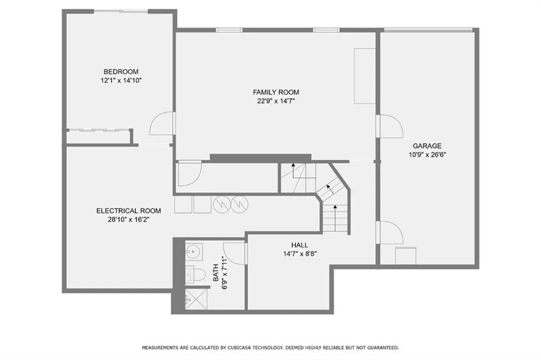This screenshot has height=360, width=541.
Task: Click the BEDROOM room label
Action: point(121,72)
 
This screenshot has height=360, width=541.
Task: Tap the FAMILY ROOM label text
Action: point(276,92)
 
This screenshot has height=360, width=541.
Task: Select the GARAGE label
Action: point(427,146)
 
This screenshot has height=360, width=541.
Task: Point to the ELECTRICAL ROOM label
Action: point(128,211)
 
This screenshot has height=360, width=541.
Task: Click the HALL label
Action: point(300,245)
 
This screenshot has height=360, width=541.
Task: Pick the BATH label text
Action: point(216,272)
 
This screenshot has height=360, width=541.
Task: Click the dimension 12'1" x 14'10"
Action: point(121,81)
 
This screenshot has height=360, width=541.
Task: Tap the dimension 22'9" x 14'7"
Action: point(276,101)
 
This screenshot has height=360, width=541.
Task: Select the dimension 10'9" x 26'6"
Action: point(427,155)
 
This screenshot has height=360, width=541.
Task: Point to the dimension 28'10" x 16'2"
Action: point(128,219)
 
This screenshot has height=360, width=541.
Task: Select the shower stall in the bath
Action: point(196,299)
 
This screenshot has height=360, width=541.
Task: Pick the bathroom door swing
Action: point(235,254)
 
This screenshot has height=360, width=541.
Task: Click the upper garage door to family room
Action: point(390,126)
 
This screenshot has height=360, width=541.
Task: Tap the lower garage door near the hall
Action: point(390,232)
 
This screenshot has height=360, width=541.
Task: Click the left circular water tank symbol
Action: point(221,204)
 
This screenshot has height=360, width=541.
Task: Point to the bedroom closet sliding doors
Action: point(97,130)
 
